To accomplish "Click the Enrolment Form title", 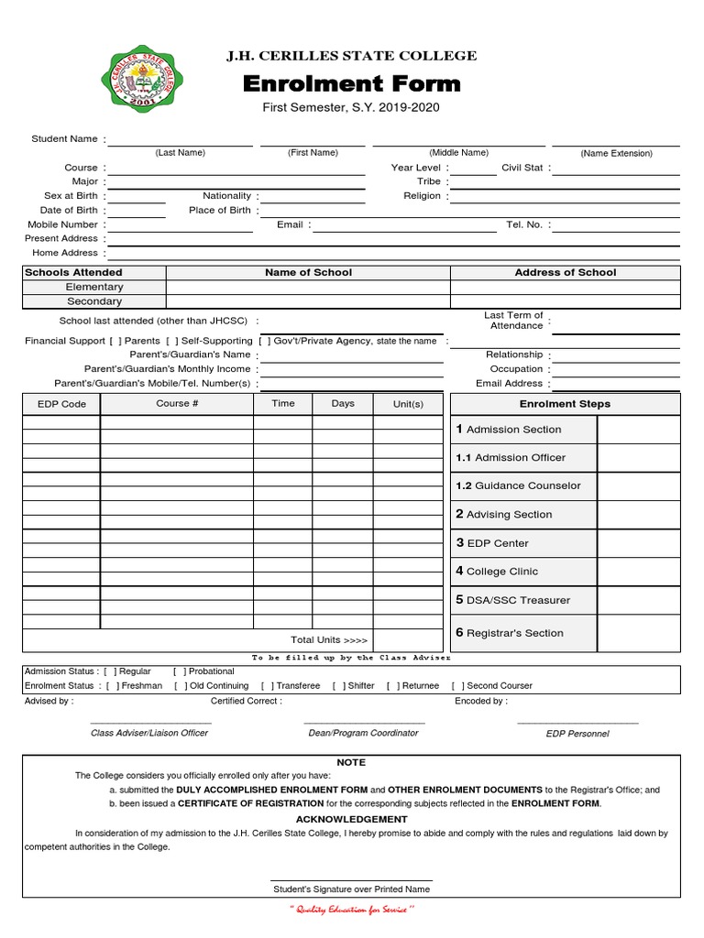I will pyautogui.click(x=351, y=85).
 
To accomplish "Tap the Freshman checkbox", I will pyautogui.click(x=112, y=686).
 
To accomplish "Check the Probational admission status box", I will pyautogui.click(x=179, y=671).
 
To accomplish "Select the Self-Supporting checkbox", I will pyautogui.click(x=172, y=341).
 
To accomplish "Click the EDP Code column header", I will pyautogui.click(x=61, y=404).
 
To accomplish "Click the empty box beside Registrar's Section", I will pyautogui.click(x=638, y=633).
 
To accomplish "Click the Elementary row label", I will pyautogui.click(x=94, y=287).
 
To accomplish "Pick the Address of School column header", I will pyautogui.click(x=565, y=272).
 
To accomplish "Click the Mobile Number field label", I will pyautogui.click(x=62, y=224).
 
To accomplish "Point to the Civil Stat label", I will pyautogui.click(x=522, y=168).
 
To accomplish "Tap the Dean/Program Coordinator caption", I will pyautogui.click(x=363, y=733).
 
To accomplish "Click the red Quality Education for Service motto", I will pyautogui.click(x=352, y=910).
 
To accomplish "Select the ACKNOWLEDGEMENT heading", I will pyautogui.click(x=351, y=819).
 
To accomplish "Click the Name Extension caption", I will pyautogui.click(x=616, y=154).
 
